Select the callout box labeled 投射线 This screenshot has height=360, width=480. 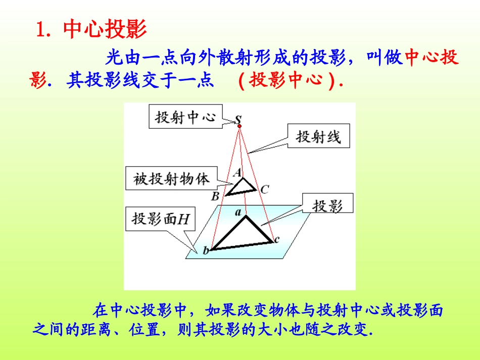[x=318, y=136]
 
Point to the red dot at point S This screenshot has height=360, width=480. [x=239, y=126]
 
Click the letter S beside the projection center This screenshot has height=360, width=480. [x=237, y=119]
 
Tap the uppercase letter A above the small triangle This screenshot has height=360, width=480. [x=237, y=172]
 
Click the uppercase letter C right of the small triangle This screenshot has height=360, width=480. [x=265, y=189]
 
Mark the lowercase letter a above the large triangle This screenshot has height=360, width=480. [x=237, y=213]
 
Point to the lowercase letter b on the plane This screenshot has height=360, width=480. [x=206, y=250]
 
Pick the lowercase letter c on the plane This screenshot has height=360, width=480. [x=276, y=239]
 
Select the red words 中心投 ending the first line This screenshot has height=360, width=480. [x=432, y=58]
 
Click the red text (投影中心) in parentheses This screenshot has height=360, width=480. [x=290, y=81]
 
